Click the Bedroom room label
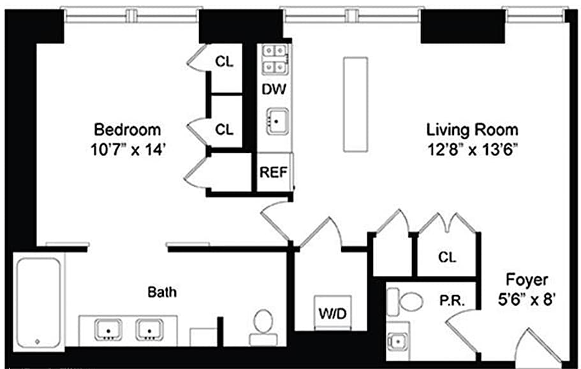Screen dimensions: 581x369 coord(128,130)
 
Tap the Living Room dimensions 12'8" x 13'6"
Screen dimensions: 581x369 coord(473,150)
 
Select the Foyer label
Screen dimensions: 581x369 coord(527,280)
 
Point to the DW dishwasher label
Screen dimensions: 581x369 coord(274,89)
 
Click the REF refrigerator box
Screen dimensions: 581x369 coord(274,172)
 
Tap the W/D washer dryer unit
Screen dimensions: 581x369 coord(333,313)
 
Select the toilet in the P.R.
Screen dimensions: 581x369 coord(404,301)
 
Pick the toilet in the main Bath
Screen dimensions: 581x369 coord(263,328)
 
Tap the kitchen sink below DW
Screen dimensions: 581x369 coord(277,121)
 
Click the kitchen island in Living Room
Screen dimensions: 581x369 coord(355,105)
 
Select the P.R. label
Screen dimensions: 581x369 coord(452,301)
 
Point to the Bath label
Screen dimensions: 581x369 coord(162,292)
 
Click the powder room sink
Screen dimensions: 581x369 coord(397,341)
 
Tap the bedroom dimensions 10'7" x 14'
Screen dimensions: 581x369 coord(128,150)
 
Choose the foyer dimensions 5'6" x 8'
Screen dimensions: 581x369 coord(527,300)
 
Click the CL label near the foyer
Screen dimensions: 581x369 coord(447,257)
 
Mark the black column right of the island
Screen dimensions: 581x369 coord(463,27)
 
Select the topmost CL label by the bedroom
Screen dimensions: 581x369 coord(224,61)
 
